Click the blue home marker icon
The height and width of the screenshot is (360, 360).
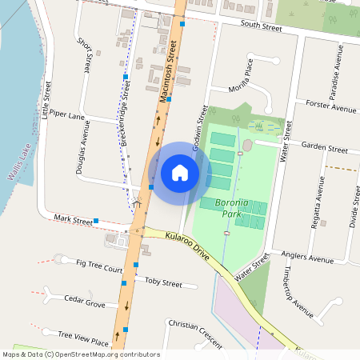[x=180, y=172]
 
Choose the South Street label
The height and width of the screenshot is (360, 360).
[x=261, y=28]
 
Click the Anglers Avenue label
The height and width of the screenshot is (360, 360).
[x=307, y=258]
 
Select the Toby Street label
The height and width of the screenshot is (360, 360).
[x=163, y=282]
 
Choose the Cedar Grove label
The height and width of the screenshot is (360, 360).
[x=85, y=302]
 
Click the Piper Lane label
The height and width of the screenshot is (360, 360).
[x=67, y=116]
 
